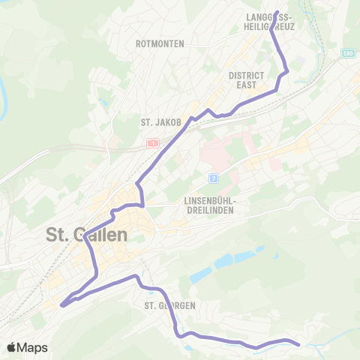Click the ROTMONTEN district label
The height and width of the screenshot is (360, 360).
(160, 44)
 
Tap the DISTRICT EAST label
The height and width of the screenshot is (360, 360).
(247, 80)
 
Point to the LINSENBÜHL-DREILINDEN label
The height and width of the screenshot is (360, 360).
(210, 205)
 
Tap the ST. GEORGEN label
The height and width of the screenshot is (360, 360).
(170, 305)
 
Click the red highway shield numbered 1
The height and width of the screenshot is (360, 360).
(152, 142)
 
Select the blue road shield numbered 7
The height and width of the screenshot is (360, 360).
(213, 178)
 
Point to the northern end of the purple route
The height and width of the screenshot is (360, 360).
(277, 13)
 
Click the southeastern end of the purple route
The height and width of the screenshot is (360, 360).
(298, 345)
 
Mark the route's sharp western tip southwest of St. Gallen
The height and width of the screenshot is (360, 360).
(61, 304)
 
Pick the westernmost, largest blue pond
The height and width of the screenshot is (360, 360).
(224, 262)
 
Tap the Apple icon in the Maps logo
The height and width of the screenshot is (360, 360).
(11, 346)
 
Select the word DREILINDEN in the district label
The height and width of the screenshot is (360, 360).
(210, 211)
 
